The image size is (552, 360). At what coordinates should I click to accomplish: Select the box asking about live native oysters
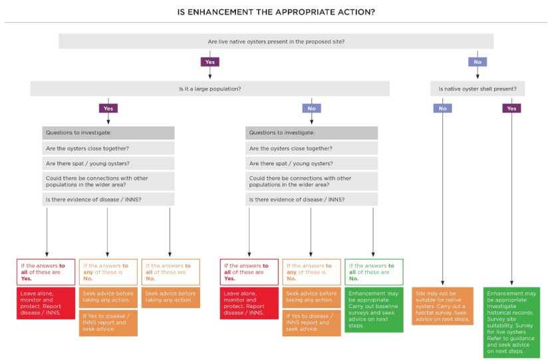276,41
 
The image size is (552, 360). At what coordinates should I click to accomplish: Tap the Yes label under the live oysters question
209,62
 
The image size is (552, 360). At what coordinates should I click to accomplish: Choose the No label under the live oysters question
478,62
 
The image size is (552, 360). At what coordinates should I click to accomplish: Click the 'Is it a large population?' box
209,89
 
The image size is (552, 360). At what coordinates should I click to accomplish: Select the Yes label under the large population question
108,108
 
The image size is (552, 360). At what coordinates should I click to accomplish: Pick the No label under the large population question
311,108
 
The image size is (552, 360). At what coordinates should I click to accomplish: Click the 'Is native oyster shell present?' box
478,89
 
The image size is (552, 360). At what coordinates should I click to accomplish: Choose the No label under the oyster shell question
442,108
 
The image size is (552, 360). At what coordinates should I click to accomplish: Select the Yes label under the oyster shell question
511,108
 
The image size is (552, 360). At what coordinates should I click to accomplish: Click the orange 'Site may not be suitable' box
442,305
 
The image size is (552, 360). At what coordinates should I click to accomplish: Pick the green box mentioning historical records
511,322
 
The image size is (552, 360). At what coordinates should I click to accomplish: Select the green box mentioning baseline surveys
374,309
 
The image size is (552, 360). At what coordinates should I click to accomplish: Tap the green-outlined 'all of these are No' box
374,272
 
